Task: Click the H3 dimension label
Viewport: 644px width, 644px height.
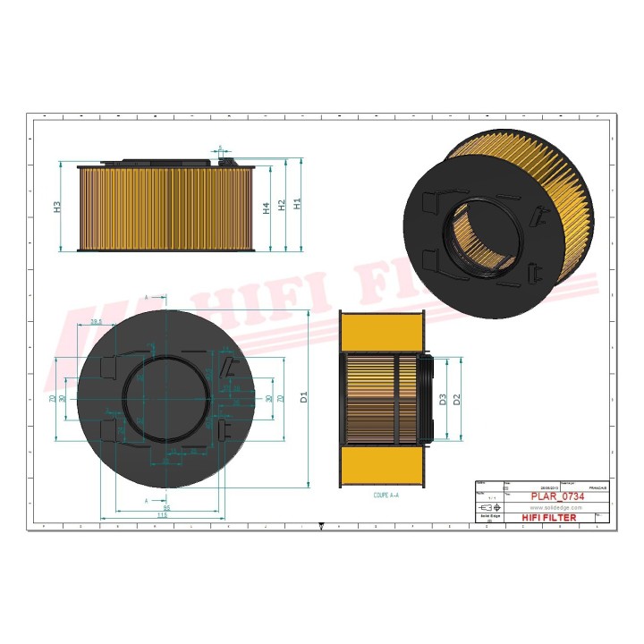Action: [57, 207]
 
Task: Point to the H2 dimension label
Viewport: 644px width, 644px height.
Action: [282, 206]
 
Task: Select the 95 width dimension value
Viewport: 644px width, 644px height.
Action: [166, 507]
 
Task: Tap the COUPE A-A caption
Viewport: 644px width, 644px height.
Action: [386, 494]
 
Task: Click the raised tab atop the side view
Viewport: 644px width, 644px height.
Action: [227, 160]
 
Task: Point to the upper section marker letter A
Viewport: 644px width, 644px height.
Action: [146, 294]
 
